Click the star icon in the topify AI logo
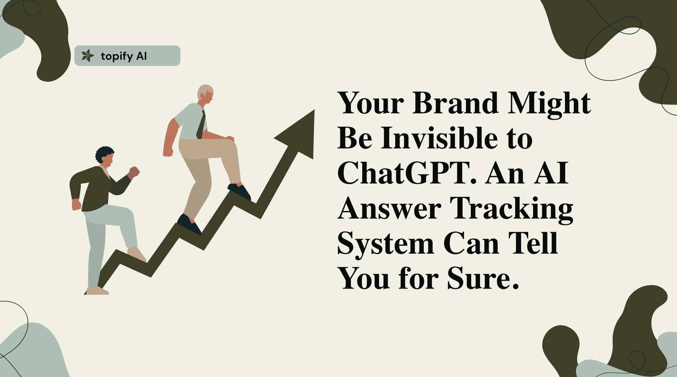87,56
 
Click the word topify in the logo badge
116,56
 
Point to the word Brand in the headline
455,103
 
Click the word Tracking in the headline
511,208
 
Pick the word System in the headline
386,244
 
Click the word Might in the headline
549,104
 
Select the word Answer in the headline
389,208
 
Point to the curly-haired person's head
105,155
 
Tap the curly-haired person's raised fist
134,171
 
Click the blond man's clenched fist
168,152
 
